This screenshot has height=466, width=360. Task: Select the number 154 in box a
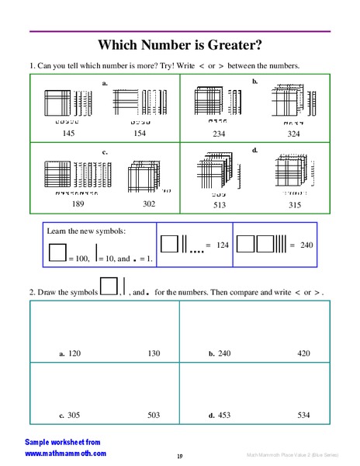tap(139, 134)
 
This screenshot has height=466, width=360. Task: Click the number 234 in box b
tap(220, 134)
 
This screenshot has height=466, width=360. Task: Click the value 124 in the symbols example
tap(223, 245)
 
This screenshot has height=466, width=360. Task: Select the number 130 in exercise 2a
tap(154, 353)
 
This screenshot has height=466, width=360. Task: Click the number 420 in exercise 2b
tap(303, 353)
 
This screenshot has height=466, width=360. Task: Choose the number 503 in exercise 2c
tap(154, 415)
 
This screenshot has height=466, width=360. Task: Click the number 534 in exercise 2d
tap(303, 415)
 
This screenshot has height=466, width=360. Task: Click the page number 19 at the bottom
tap(179, 456)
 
